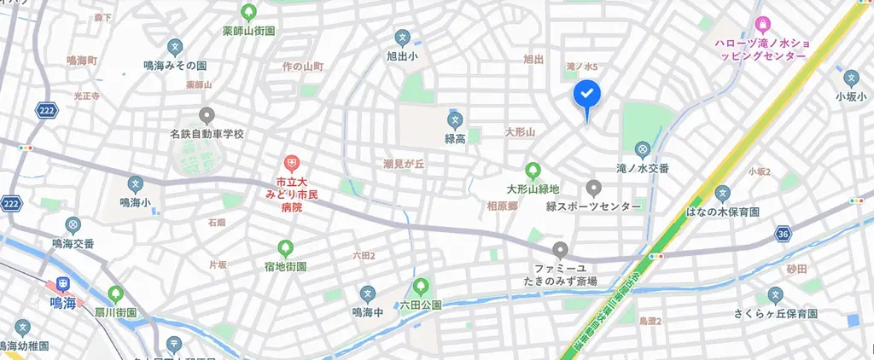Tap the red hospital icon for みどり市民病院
(291, 162)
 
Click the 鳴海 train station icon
(62, 284)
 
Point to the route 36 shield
(784, 233)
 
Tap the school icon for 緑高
(455, 119)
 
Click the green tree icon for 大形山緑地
(533, 171)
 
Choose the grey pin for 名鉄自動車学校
(206, 115)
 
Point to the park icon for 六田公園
(420, 287)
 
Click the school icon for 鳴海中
(367, 293)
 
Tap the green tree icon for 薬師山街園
(248, 12)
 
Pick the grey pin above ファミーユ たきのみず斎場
(561, 250)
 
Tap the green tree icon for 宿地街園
(285, 248)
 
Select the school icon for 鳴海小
(135, 183)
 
